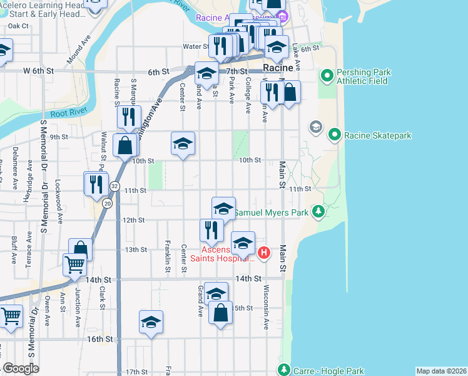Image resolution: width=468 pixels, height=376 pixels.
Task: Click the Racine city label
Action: coord(278,68)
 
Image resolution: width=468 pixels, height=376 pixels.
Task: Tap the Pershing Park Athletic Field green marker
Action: coord(326,76)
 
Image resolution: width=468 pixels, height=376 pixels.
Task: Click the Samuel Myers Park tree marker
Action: coord(319,212)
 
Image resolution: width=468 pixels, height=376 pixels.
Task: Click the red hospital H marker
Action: coord(264,253)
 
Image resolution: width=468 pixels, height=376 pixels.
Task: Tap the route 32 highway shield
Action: coord(114,186)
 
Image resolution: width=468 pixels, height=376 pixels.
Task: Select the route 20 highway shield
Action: coord(108,204)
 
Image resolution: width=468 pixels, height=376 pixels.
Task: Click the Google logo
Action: coord(21,368)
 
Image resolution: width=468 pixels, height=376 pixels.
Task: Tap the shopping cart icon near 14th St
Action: coord(74,264)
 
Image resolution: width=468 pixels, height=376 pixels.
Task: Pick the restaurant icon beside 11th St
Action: coord(96,184)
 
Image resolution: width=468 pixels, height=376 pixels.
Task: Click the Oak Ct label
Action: coord(19,26)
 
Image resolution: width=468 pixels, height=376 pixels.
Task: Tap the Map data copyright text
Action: coord(441,371)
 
